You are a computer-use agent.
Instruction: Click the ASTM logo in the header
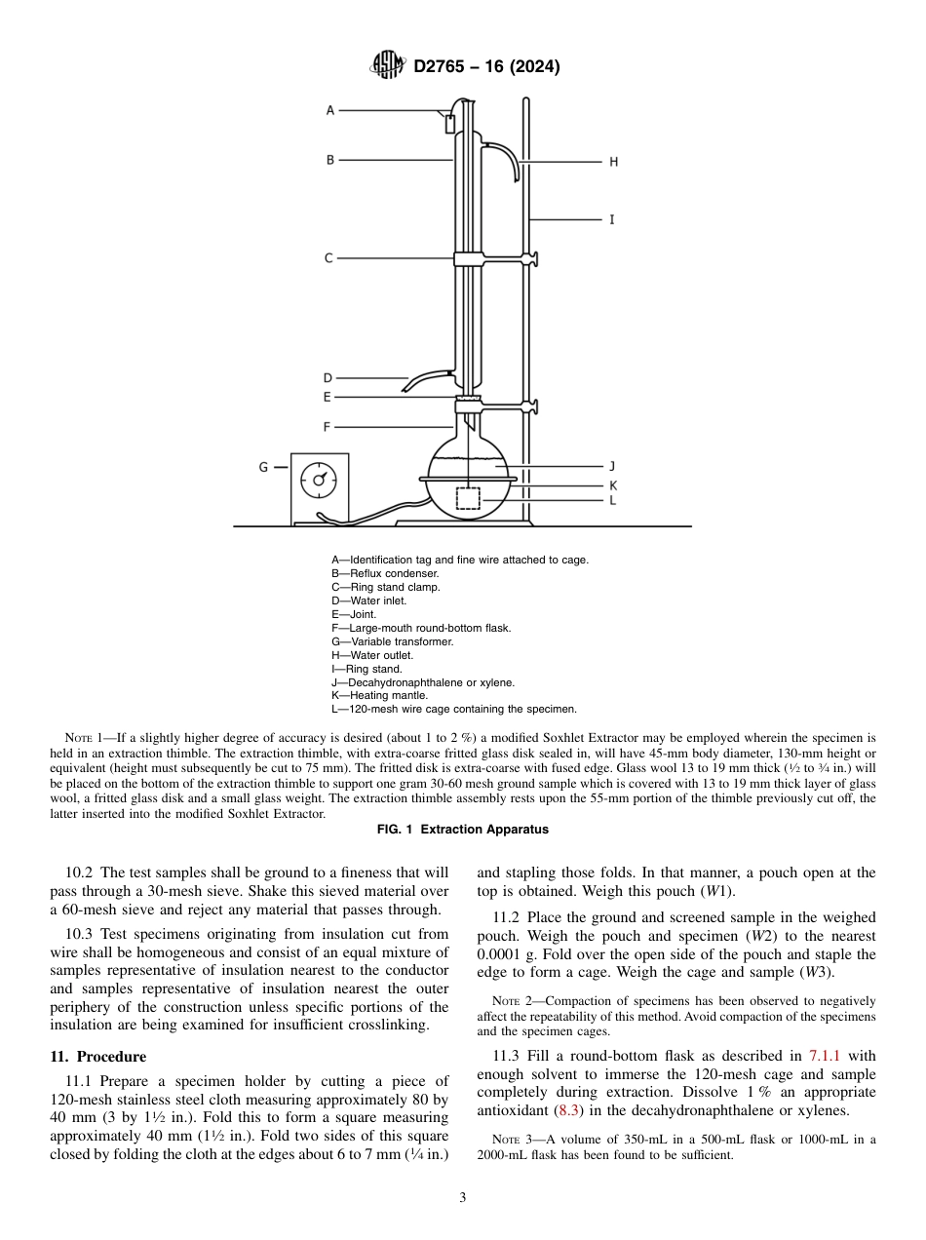(388, 66)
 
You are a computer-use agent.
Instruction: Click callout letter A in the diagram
(329, 111)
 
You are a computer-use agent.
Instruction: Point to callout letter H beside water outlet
(613, 162)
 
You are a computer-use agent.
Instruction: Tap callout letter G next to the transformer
(263, 467)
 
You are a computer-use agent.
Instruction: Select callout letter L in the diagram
(612, 500)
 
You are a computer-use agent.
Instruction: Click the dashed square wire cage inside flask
(468, 497)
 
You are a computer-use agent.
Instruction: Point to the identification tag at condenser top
(449, 124)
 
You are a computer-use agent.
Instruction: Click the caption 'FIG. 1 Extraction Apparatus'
(463, 830)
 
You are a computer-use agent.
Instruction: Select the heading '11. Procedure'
(97, 1057)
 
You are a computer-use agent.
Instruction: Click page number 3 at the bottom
(463, 1198)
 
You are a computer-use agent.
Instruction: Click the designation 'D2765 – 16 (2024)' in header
(486, 67)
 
